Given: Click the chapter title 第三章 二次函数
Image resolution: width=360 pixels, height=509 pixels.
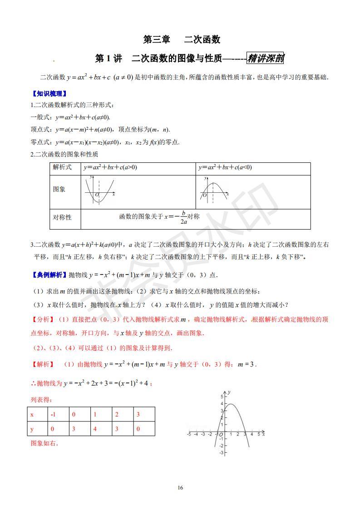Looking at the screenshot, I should point(182,39).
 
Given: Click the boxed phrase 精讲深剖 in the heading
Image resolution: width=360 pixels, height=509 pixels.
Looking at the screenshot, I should point(265,59).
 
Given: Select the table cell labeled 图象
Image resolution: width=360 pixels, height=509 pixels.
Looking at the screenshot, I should point(59,189).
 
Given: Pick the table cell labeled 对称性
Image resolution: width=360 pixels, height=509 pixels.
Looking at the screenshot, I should point(62,217).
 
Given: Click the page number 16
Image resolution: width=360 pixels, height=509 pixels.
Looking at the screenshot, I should point(180,488).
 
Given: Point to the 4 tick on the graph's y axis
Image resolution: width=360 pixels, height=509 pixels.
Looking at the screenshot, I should point(222,403).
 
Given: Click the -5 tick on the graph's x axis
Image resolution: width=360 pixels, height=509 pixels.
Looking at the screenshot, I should point(189,435).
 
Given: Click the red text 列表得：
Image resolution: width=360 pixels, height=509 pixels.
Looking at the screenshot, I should point(41,400).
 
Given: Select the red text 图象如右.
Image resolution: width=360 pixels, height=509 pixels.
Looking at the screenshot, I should point(44,444).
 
